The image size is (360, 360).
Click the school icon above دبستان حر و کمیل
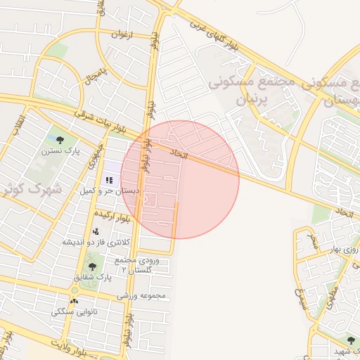(x=109, y=179)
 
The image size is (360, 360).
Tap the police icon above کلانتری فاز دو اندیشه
(x=96, y=231)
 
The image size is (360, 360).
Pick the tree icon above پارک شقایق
(x=91, y=266)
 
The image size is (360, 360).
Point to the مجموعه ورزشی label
(x=141, y=295)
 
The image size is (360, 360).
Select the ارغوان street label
(x=122, y=33)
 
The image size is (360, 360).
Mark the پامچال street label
(x=96, y=76)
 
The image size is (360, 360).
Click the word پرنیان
(x=245, y=99)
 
